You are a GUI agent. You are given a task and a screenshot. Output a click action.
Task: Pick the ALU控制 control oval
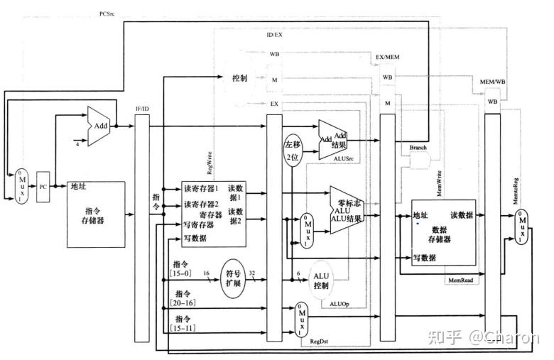click(x=321, y=281)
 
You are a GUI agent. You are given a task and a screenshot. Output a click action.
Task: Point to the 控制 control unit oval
click(x=240, y=78)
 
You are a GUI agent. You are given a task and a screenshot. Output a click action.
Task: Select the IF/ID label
click(x=142, y=109)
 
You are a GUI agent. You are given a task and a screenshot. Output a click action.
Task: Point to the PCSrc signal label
click(x=107, y=14)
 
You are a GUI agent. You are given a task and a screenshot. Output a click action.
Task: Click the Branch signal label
click(x=418, y=148)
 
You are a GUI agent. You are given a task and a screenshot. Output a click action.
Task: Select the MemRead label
click(x=460, y=280)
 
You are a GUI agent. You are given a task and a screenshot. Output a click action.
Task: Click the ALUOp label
click(x=340, y=303)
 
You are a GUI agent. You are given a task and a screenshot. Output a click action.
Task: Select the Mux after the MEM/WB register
click(x=522, y=226)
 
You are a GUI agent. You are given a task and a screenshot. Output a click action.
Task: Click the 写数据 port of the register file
click(x=195, y=239)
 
